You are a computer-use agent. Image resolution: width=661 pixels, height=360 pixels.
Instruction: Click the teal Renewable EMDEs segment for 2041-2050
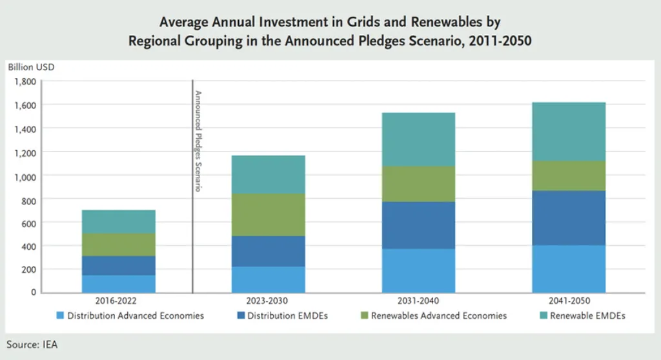(569, 131)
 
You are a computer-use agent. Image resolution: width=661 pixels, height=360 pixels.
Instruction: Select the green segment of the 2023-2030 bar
(269, 215)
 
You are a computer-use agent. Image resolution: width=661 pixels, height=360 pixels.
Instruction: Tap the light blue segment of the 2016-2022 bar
(118, 284)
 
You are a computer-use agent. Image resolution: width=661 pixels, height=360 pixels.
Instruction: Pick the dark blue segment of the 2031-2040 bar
(418, 225)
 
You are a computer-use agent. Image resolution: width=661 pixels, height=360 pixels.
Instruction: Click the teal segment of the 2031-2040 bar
(418, 139)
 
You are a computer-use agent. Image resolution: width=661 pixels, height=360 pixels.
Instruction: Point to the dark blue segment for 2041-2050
(569, 218)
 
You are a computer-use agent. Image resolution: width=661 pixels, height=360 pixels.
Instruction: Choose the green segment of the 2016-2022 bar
(118, 245)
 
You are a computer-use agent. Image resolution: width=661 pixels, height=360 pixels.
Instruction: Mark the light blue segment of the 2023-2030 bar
(269, 279)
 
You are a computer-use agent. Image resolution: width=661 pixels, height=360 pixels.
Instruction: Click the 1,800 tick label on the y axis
(25, 82)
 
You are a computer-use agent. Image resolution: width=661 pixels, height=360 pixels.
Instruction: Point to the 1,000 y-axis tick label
(25, 175)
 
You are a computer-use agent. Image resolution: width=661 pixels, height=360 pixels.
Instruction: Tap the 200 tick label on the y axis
(28, 269)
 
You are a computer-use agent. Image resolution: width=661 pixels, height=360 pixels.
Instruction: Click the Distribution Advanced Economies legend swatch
(61, 316)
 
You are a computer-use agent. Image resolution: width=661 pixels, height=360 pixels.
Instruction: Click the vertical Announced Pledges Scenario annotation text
(199, 141)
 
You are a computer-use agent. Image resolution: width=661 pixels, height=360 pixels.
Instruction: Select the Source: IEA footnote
(32, 345)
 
